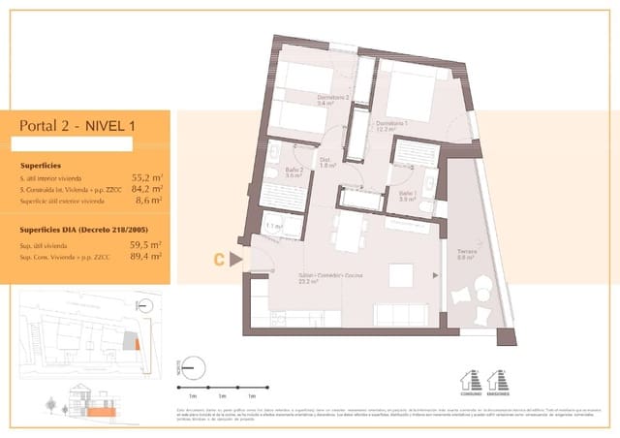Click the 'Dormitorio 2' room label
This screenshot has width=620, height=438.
click(331, 99)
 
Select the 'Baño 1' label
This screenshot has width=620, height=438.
click(405, 195)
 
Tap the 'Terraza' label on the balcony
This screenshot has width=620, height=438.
click(467, 254)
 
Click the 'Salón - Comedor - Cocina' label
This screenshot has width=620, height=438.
click(326, 278)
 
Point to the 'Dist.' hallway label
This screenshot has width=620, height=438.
click(326, 162)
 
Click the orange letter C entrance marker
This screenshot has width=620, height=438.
click(221, 259)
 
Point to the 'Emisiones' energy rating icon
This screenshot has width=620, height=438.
click(499, 383)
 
